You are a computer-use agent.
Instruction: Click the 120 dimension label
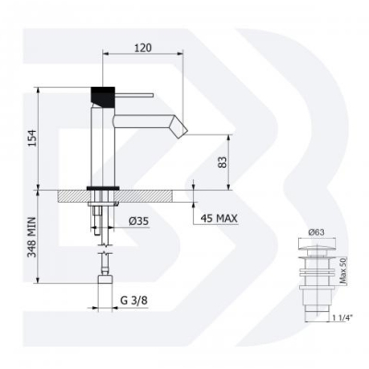143,48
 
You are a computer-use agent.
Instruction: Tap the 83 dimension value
222,162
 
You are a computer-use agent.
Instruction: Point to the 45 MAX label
219,219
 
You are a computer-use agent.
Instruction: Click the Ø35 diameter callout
138,220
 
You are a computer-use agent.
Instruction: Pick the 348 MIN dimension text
31,237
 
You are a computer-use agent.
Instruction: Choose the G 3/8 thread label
134,300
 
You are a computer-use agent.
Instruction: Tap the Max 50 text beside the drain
343,270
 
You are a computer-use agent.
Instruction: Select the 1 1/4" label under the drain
342,317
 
